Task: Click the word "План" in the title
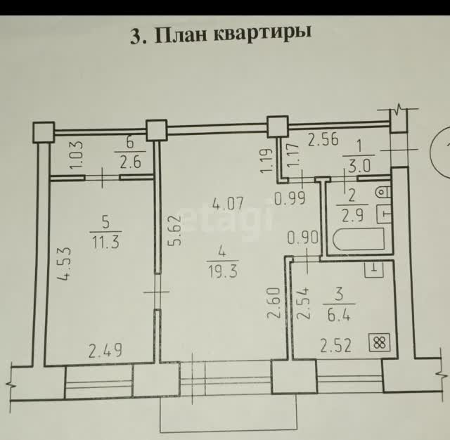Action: click(x=181, y=35)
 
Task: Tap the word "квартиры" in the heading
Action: click(x=262, y=34)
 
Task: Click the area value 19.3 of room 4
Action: click(x=223, y=271)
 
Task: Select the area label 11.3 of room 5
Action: click(x=105, y=243)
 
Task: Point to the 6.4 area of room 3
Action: click(x=339, y=316)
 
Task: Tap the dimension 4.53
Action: click(x=63, y=264)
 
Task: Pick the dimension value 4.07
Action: click(x=228, y=203)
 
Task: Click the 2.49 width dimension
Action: click(x=105, y=351)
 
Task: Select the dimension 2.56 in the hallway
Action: click(x=323, y=141)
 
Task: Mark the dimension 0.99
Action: click(x=290, y=198)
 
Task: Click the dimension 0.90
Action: click(x=302, y=238)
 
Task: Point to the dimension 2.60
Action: click(x=274, y=304)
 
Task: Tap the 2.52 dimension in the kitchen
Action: click(x=336, y=345)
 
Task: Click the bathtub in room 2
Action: click(x=359, y=239)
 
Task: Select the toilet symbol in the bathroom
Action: click(x=383, y=192)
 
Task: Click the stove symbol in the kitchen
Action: click(x=379, y=342)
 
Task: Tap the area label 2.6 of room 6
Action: click(x=130, y=162)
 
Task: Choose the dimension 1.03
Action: click(x=77, y=155)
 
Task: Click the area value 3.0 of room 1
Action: click(x=359, y=167)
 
